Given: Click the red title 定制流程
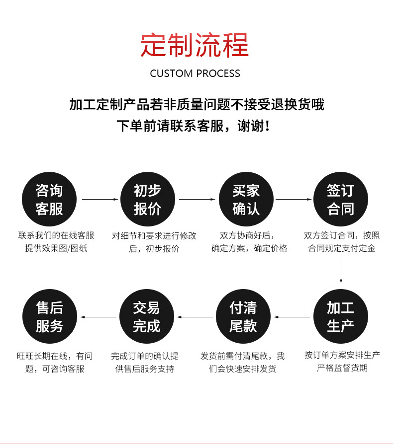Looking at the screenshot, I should pos(195,45).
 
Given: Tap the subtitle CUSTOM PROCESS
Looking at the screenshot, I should pos(195,74).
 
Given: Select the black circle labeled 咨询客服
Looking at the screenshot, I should pos(49,200).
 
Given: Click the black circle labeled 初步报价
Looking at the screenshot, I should pos(148,200).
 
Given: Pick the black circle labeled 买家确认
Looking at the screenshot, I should pos(246,200).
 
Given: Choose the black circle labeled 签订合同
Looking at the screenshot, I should pos(341,200).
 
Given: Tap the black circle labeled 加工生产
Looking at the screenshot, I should pos(341,317).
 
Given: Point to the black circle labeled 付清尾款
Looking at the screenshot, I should pos(243,317).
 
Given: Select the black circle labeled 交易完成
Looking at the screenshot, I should pos(147,317).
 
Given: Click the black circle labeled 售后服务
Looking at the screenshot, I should pos(49,317).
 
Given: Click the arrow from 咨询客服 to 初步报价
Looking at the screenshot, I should pos(99,200).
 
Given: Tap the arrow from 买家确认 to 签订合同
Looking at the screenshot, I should pos(294,200).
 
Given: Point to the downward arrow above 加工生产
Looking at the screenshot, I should pos(341,271).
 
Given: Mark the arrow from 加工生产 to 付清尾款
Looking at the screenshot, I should pos(292,317).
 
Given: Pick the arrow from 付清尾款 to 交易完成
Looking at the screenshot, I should pos(195,317).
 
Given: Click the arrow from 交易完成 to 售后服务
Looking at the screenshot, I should pos(98,317).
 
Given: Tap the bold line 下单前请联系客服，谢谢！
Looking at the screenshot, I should pos(196,126).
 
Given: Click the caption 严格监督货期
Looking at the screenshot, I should pos(342,368).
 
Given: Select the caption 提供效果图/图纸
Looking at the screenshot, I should pos(56,248).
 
